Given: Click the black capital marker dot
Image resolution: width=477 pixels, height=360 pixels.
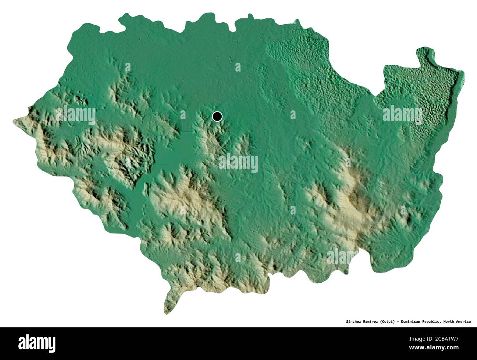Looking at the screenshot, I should pyautogui.click(x=217, y=117).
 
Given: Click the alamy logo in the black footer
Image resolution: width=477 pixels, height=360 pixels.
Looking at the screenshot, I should pyautogui.click(x=37, y=344).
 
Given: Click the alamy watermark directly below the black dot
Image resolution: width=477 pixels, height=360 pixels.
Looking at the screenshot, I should pyautogui.click(x=238, y=163).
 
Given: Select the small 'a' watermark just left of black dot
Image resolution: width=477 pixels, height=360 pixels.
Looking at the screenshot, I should pyautogui.click(x=182, y=115).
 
